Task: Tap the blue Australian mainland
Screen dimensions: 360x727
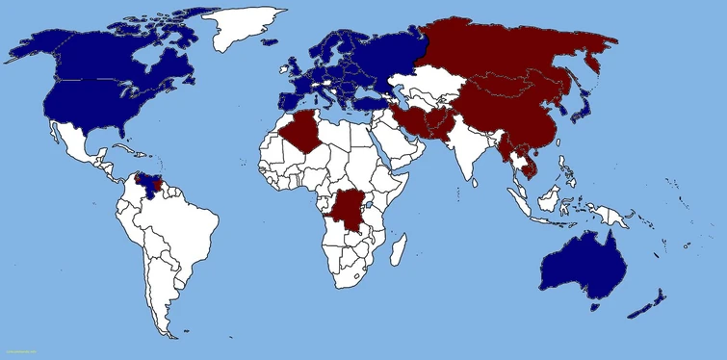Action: pyautogui.click(x=583, y=264)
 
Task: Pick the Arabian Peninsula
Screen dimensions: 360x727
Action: pyautogui.click(x=395, y=144)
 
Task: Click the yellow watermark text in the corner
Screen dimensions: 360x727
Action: pyautogui.click(x=19, y=352)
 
